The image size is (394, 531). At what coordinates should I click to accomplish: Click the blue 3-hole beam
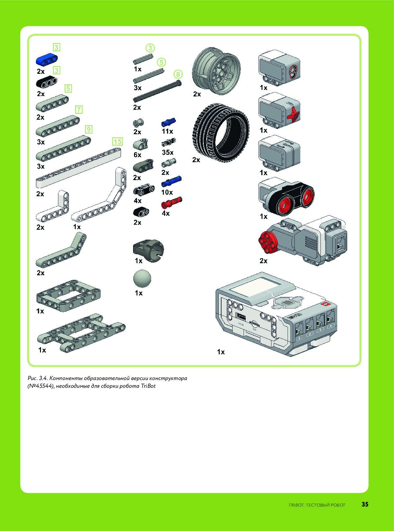(47, 60)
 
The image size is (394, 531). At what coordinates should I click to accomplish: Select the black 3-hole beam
(47, 82)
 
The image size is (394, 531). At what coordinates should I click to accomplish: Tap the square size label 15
(117, 142)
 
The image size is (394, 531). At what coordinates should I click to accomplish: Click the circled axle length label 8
(178, 74)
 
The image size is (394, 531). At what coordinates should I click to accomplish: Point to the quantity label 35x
(168, 152)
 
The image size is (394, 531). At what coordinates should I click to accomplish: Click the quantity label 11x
(167, 131)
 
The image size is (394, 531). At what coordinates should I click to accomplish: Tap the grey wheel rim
(216, 71)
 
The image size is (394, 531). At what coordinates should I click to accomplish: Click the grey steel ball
(142, 278)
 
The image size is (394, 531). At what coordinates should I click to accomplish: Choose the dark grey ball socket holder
(148, 249)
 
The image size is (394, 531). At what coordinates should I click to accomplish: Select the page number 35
(365, 504)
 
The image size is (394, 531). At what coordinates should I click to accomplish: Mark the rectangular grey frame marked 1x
(68, 294)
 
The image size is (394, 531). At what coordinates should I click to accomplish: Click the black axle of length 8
(157, 91)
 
